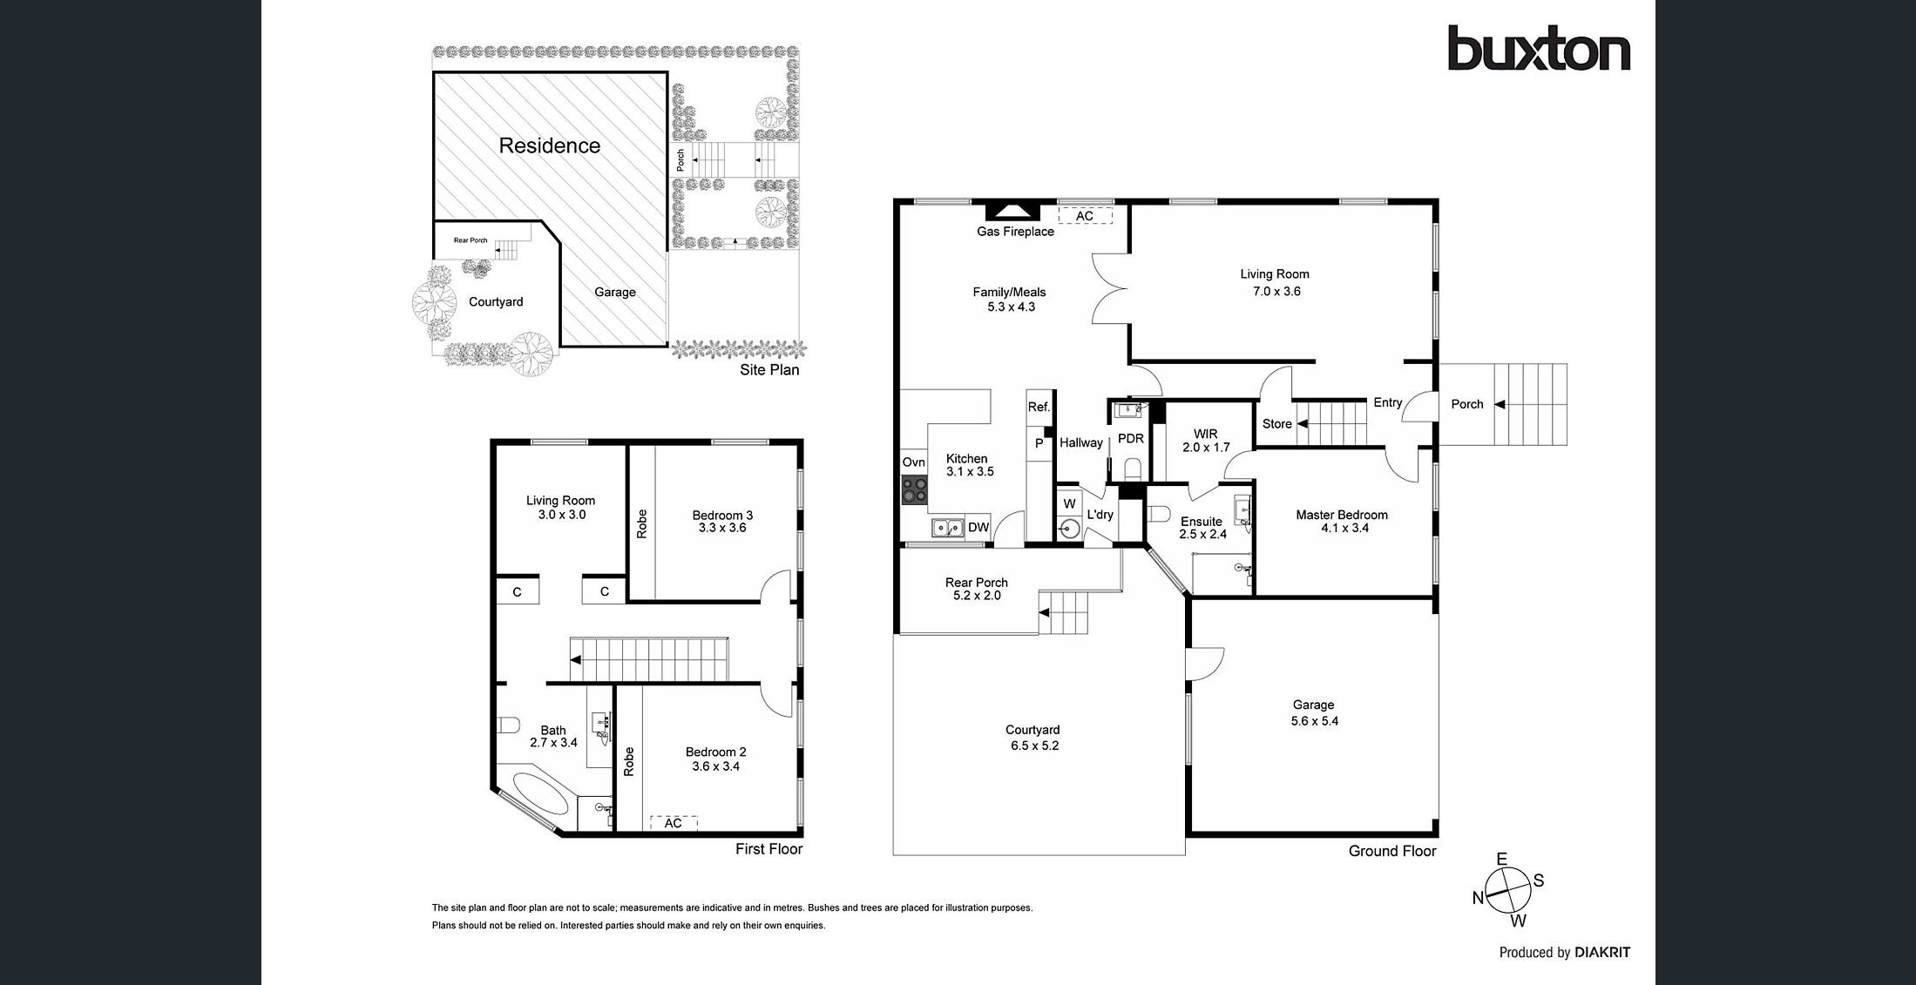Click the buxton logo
pyautogui.click(x=1538, y=49)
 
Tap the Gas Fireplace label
pyautogui.click(x=1015, y=232)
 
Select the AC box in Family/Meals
pyautogui.click(x=1085, y=216)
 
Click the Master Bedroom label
pyautogui.click(x=1341, y=515)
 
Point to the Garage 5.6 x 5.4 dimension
pyautogui.click(x=1314, y=721)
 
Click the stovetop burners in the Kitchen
pyautogui.click(x=914, y=490)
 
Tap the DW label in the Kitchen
pyautogui.click(x=978, y=527)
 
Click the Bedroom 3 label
pyautogui.click(x=722, y=515)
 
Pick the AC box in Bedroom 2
pyautogui.click(x=674, y=823)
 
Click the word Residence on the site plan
pyautogui.click(x=549, y=145)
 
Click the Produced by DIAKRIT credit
pyautogui.click(x=1564, y=952)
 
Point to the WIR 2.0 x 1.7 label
pyautogui.click(x=1206, y=441)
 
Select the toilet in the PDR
pyautogui.click(x=1133, y=470)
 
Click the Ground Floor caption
pyautogui.click(x=1391, y=851)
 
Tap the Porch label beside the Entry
pyautogui.click(x=1466, y=404)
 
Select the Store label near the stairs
pyautogui.click(x=1276, y=424)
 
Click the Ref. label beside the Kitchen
pyautogui.click(x=1039, y=407)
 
